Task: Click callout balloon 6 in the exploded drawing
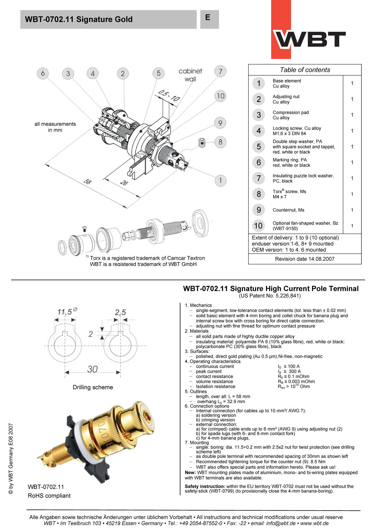click(x=43, y=73)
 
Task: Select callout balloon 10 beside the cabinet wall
click(x=221, y=96)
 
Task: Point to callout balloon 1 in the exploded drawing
click(x=220, y=180)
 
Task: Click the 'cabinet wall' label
click(x=190, y=75)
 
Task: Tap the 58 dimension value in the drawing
click(x=87, y=181)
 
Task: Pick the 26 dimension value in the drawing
click(x=124, y=183)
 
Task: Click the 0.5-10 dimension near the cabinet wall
click(x=169, y=96)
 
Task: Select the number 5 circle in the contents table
click(x=259, y=146)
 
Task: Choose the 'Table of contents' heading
click(x=305, y=70)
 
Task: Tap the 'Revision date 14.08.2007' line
click(x=305, y=259)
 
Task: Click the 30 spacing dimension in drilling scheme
click(x=92, y=369)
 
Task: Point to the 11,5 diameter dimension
click(x=65, y=312)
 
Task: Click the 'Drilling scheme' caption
click(x=93, y=387)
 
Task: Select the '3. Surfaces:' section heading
click(x=197, y=351)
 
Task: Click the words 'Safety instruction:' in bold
click(x=205, y=486)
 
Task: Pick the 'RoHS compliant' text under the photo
click(x=49, y=496)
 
